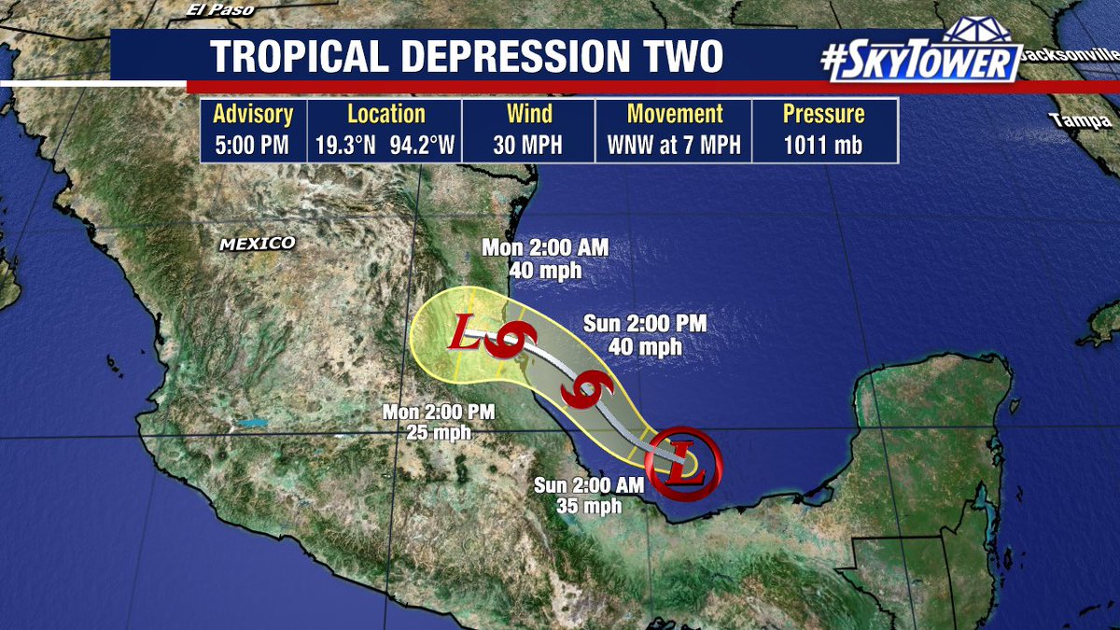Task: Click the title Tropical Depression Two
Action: tap(467, 56)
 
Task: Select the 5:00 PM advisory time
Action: tap(253, 146)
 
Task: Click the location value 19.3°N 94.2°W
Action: tap(386, 146)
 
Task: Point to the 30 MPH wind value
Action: tap(529, 146)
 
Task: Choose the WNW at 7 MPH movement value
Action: tap(675, 146)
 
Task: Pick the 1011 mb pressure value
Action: tap(823, 146)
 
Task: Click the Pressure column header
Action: tap(823, 115)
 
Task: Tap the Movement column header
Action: tap(675, 115)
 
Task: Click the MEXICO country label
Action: tap(257, 244)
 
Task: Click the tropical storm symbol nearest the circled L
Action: tap(586, 391)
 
